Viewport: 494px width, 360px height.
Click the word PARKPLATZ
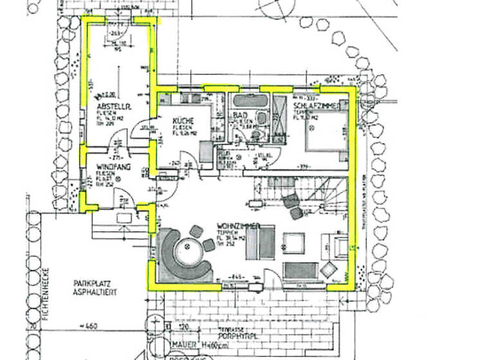tap(94, 283)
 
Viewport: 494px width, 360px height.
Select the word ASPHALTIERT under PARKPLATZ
tap(96, 292)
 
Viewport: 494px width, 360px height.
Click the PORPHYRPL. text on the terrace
tap(230, 334)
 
